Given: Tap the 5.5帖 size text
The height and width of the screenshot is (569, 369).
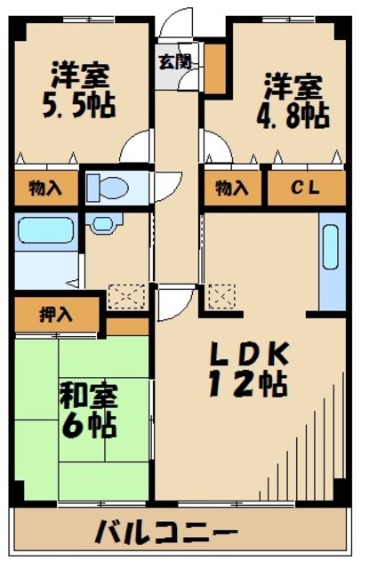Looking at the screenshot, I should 80,105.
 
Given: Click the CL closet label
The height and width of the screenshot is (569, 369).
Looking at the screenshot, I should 306,188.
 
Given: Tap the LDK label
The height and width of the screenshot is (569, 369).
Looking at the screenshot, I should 247,353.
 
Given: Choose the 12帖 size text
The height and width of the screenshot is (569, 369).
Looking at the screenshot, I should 247,385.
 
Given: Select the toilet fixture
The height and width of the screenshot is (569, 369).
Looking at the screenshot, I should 108,188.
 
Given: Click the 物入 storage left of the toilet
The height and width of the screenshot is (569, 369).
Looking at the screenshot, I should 44,188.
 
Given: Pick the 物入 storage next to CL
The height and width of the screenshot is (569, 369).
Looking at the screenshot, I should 232,188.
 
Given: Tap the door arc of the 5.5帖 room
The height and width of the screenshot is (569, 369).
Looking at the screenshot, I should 138,146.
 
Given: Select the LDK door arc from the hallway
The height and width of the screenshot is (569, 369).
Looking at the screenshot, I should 171,302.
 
